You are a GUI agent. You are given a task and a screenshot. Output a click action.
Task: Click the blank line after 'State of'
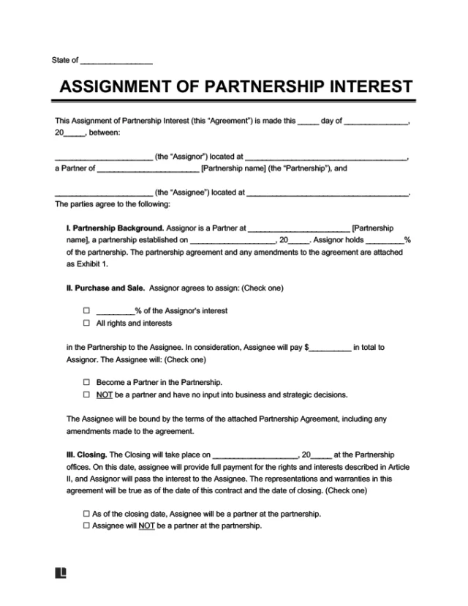116,61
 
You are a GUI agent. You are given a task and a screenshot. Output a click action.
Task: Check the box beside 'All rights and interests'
87,323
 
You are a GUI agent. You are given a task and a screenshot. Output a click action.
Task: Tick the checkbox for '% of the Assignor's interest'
87,309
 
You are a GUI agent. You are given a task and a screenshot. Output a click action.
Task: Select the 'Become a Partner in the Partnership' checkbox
87,382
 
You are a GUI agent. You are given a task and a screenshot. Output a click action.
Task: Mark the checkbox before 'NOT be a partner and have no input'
87,395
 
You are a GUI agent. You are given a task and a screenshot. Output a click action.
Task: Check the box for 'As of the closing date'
87,513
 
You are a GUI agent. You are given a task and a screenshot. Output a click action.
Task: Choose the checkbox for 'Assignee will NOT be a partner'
87,525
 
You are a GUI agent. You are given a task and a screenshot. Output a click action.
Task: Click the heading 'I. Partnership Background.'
115,228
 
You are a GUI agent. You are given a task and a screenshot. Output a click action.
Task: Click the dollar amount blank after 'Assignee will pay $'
331,348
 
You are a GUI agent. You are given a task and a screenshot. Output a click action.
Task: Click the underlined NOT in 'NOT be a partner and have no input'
104,395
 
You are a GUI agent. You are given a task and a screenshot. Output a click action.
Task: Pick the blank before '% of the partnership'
384,240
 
